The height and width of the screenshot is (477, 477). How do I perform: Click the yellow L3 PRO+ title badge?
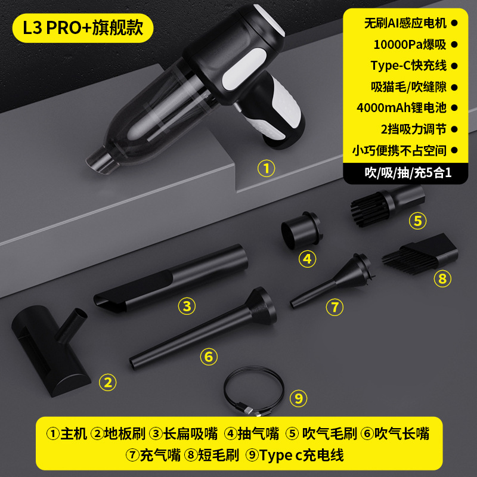click(x=83, y=28)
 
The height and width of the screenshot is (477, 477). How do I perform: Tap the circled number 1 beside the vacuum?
click(x=266, y=169)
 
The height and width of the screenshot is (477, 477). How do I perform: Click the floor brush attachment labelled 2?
click(x=54, y=352)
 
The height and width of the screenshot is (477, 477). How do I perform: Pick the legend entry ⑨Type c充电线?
click(x=295, y=456)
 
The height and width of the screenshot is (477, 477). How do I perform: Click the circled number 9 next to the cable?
click(x=299, y=398)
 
